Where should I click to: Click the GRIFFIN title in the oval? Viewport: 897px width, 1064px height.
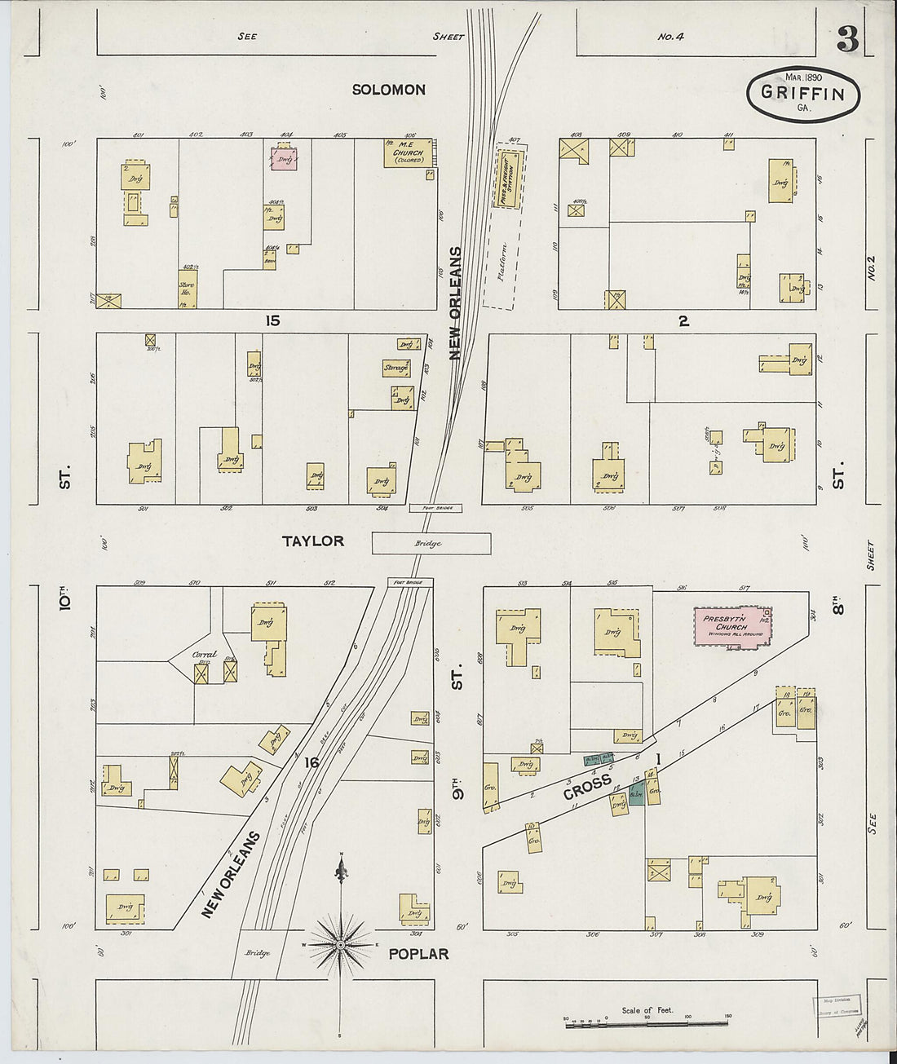click(802, 92)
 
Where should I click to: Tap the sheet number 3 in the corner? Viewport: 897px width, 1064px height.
click(847, 40)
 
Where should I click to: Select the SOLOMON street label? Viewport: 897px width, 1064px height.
click(388, 90)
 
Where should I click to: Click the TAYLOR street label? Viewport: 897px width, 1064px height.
click(313, 541)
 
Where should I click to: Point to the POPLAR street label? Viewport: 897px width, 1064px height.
click(418, 954)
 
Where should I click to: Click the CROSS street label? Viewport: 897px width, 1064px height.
click(587, 787)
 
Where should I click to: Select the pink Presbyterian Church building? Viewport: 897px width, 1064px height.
click(731, 627)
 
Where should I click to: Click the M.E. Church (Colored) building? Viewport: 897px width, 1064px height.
click(408, 152)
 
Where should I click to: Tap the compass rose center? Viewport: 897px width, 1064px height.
click(340, 944)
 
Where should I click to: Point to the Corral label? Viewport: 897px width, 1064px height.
click(204, 654)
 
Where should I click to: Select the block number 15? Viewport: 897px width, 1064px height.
click(272, 321)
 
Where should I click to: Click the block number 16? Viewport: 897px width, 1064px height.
click(311, 762)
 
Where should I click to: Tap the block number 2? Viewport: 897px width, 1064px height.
click(683, 321)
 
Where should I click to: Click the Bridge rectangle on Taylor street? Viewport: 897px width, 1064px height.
click(431, 544)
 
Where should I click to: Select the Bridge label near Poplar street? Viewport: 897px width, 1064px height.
click(257, 953)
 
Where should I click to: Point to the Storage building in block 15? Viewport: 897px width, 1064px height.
click(395, 369)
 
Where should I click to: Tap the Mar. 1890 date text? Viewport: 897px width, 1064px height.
click(803, 77)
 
